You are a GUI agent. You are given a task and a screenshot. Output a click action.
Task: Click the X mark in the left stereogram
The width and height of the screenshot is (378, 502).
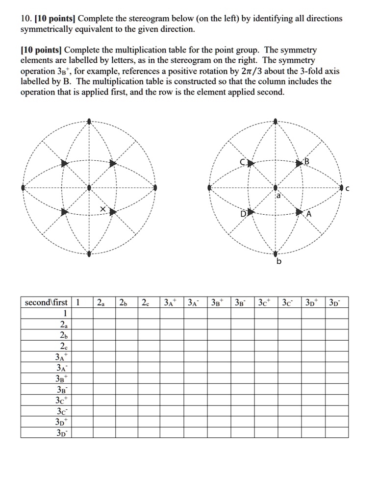pos(103,209)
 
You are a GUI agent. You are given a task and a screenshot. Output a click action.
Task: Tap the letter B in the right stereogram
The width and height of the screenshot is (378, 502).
pos(307,161)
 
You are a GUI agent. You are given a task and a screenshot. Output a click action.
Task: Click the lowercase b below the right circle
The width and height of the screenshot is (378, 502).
pos(279,262)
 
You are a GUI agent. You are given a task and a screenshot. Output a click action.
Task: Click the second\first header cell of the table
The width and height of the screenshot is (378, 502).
pos(47,302)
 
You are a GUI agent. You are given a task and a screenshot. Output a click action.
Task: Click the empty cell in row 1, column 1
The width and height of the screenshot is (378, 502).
pos(82,313)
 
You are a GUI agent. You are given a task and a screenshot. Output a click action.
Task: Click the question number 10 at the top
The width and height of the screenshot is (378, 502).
pos(25,19)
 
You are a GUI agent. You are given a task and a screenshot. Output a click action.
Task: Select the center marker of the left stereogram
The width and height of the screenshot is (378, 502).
pos(89,187)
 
